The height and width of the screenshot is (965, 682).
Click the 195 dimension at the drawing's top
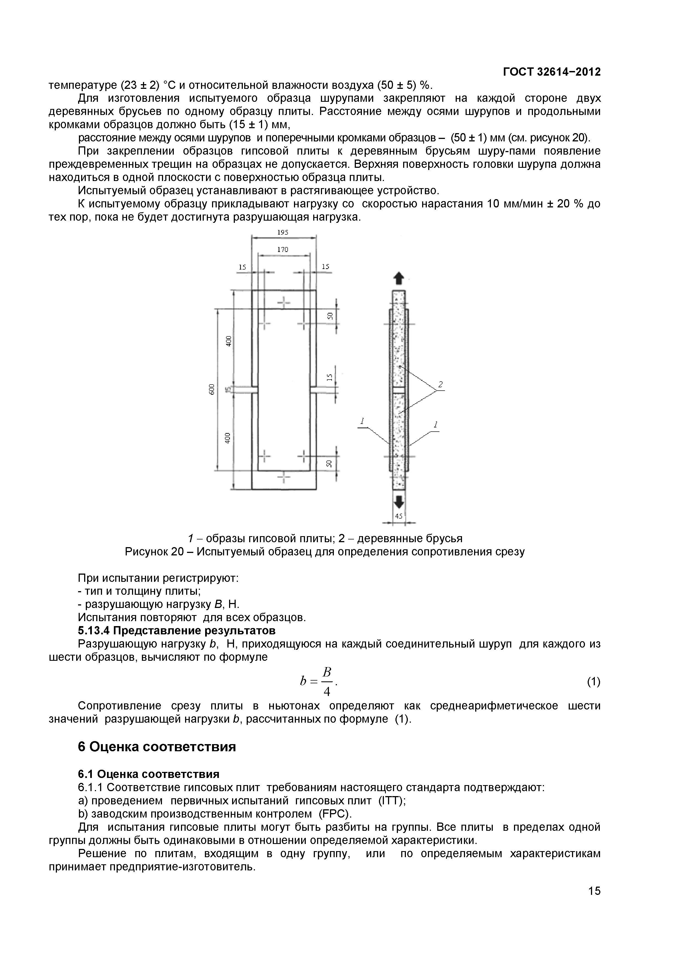click(x=283, y=232)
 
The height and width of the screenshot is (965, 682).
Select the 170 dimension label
click(x=283, y=250)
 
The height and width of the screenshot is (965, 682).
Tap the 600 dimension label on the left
click(x=212, y=390)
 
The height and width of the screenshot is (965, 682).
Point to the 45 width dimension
click(x=398, y=516)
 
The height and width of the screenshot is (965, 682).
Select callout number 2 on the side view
click(x=440, y=384)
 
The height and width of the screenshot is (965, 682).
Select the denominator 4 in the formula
click(x=327, y=691)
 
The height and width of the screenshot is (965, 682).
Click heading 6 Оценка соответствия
click(x=157, y=747)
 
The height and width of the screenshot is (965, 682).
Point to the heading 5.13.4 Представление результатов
click(x=177, y=630)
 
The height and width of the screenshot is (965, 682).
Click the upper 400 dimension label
click(x=228, y=341)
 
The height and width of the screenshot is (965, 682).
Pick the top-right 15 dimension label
click(x=325, y=267)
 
